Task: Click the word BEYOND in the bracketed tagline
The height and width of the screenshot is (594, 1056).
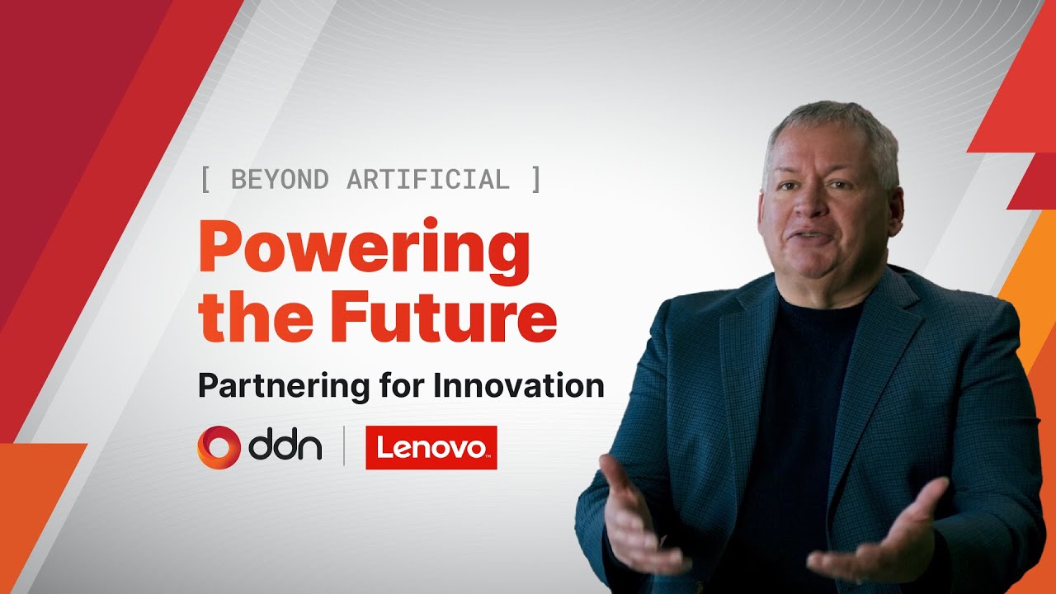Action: click(x=280, y=180)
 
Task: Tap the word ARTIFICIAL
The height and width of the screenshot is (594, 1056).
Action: click(x=428, y=180)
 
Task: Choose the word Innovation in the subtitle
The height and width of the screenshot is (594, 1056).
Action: click(x=519, y=385)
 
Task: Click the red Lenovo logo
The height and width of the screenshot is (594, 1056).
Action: click(x=431, y=447)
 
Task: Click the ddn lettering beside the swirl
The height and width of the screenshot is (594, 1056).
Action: click(x=285, y=447)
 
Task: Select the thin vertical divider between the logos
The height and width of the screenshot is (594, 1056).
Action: click(x=344, y=445)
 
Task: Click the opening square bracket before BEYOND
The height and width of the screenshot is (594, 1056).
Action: click(x=205, y=180)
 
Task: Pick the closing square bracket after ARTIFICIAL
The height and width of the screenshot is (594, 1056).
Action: click(x=536, y=180)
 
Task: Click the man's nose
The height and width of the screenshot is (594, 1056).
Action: click(x=809, y=202)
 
